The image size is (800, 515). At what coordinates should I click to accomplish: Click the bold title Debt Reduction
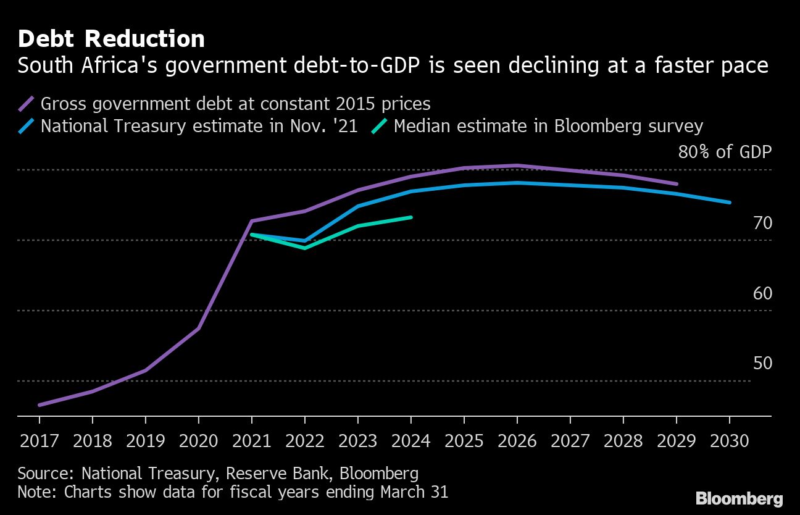coord(111,39)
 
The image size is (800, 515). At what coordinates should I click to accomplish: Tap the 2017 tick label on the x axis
coord(40,442)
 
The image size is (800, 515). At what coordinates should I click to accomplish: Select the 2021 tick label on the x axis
coord(252,442)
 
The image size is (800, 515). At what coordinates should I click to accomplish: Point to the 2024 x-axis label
coord(411,442)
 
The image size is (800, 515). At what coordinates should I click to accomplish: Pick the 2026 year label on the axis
coord(517,442)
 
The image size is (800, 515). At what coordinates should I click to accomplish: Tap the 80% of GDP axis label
coord(725,152)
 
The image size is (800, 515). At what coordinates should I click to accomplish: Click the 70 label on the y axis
coord(762,223)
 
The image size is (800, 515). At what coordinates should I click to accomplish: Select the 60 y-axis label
coord(762,293)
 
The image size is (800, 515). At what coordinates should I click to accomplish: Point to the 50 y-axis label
coord(762,364)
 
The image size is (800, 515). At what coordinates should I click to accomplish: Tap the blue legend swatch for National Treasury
coord(27,127)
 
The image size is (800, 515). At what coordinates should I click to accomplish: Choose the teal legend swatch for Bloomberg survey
coord(380,127)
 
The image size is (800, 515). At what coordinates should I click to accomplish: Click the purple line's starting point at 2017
coord(40,405)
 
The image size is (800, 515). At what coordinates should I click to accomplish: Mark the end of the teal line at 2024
coord(411,217)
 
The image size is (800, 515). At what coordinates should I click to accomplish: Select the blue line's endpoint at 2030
coord(730,203)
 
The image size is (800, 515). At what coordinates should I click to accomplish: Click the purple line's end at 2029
coord(677,184)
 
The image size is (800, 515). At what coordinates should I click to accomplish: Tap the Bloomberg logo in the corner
coord(739,498)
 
